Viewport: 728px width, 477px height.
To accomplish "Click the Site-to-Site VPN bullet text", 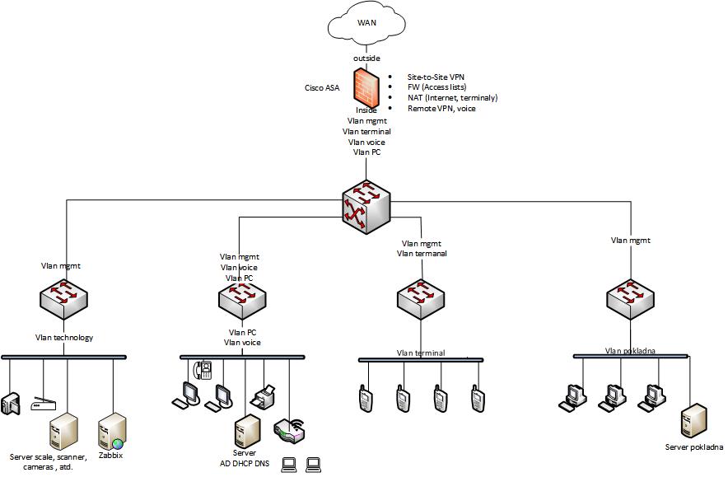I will click(x=436, y=77).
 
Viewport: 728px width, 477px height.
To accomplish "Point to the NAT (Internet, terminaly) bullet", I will click(x=452, y=98).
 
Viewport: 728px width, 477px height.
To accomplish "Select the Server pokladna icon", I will click(x=693, y=421).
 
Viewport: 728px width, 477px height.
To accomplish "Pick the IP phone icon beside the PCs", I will click(x=203, y=370).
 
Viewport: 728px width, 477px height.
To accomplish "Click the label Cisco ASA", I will click(x=322, y=87).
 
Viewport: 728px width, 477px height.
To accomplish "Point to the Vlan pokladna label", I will click(x=630, y=350).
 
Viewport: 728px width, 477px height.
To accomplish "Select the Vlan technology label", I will click(x=64, y=337).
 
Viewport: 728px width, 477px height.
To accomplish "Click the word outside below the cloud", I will click(x=366, y=58).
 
